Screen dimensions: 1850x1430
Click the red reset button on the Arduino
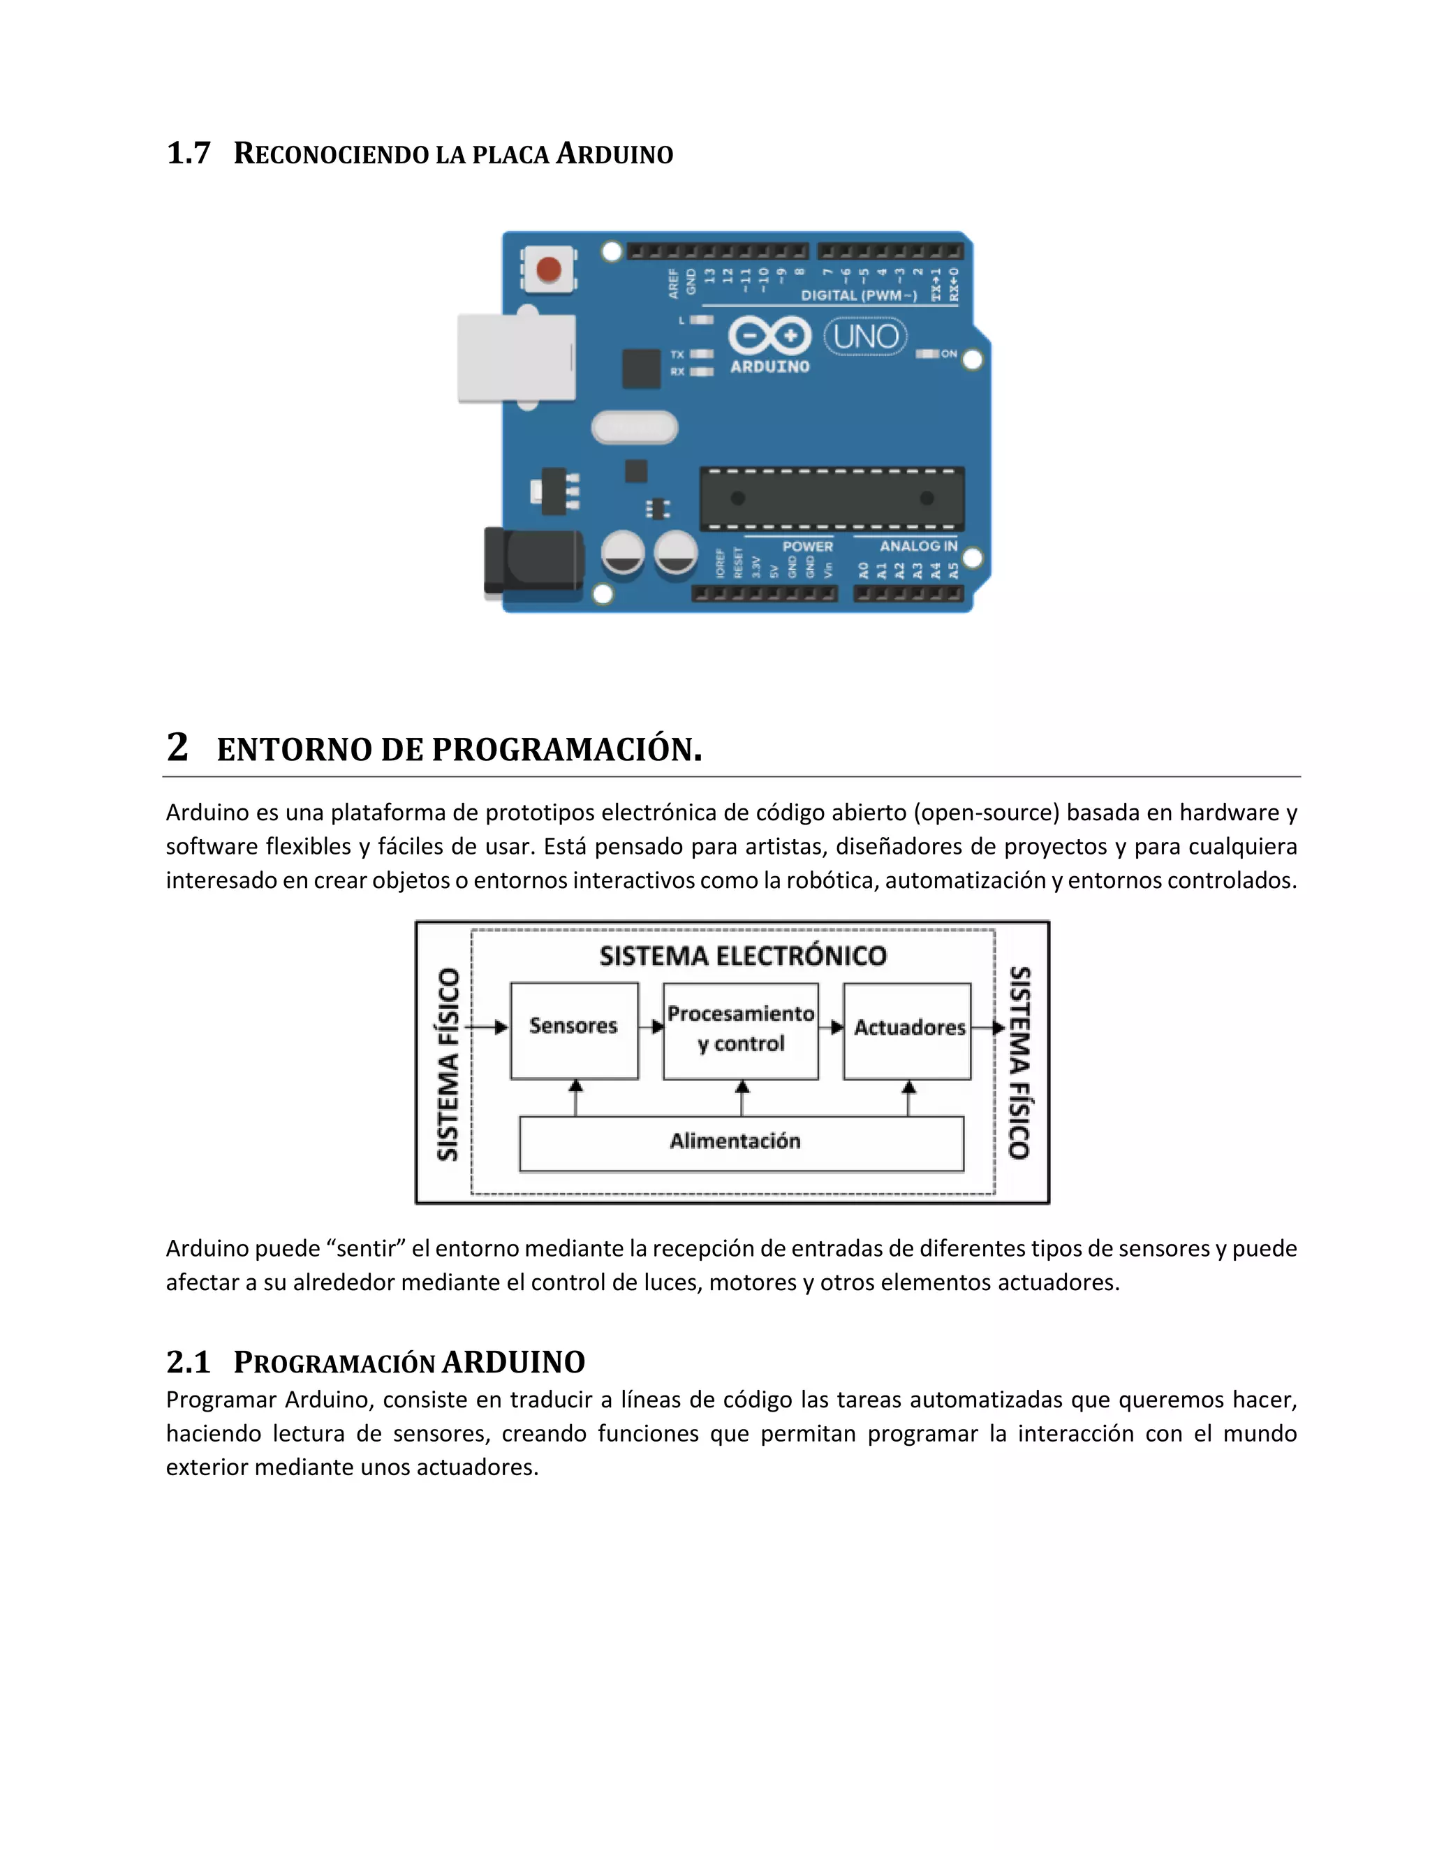point(549,269)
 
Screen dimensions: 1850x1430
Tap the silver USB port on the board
point(516,357)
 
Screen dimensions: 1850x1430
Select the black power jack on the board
point(533,560)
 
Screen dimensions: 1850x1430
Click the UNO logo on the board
point(865,337)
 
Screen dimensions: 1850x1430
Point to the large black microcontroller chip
point(832,498)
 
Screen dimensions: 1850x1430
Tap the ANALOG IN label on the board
point(917,547)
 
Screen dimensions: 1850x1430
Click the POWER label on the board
point(806,547)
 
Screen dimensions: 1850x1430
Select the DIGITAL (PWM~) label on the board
point(858,295)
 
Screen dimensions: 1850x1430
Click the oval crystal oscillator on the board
point(635,428)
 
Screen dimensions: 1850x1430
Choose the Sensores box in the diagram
point(573,1030)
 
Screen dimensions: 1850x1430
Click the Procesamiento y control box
point(740,1030)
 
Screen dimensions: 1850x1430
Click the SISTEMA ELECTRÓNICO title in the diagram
point(742,956)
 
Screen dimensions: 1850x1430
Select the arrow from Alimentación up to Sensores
point(576,1098)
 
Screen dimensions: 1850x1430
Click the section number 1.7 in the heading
point(188,154)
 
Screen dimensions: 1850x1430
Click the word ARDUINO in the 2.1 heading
point(513,1362)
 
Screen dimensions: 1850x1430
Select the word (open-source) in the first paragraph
point(986,813)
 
